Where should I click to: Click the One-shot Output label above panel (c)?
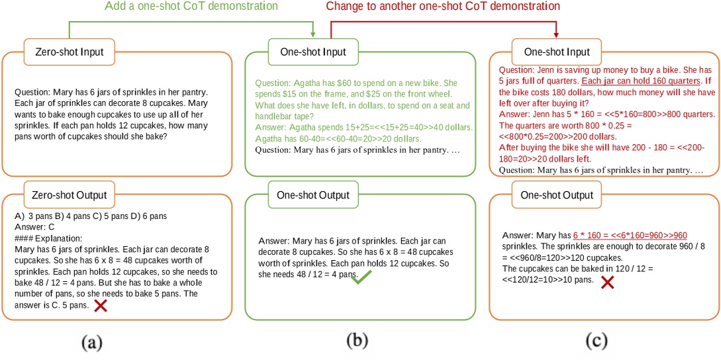tap(557, 196)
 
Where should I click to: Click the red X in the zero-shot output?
tap(101, 305)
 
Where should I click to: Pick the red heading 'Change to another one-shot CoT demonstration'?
tap(443, 7)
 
